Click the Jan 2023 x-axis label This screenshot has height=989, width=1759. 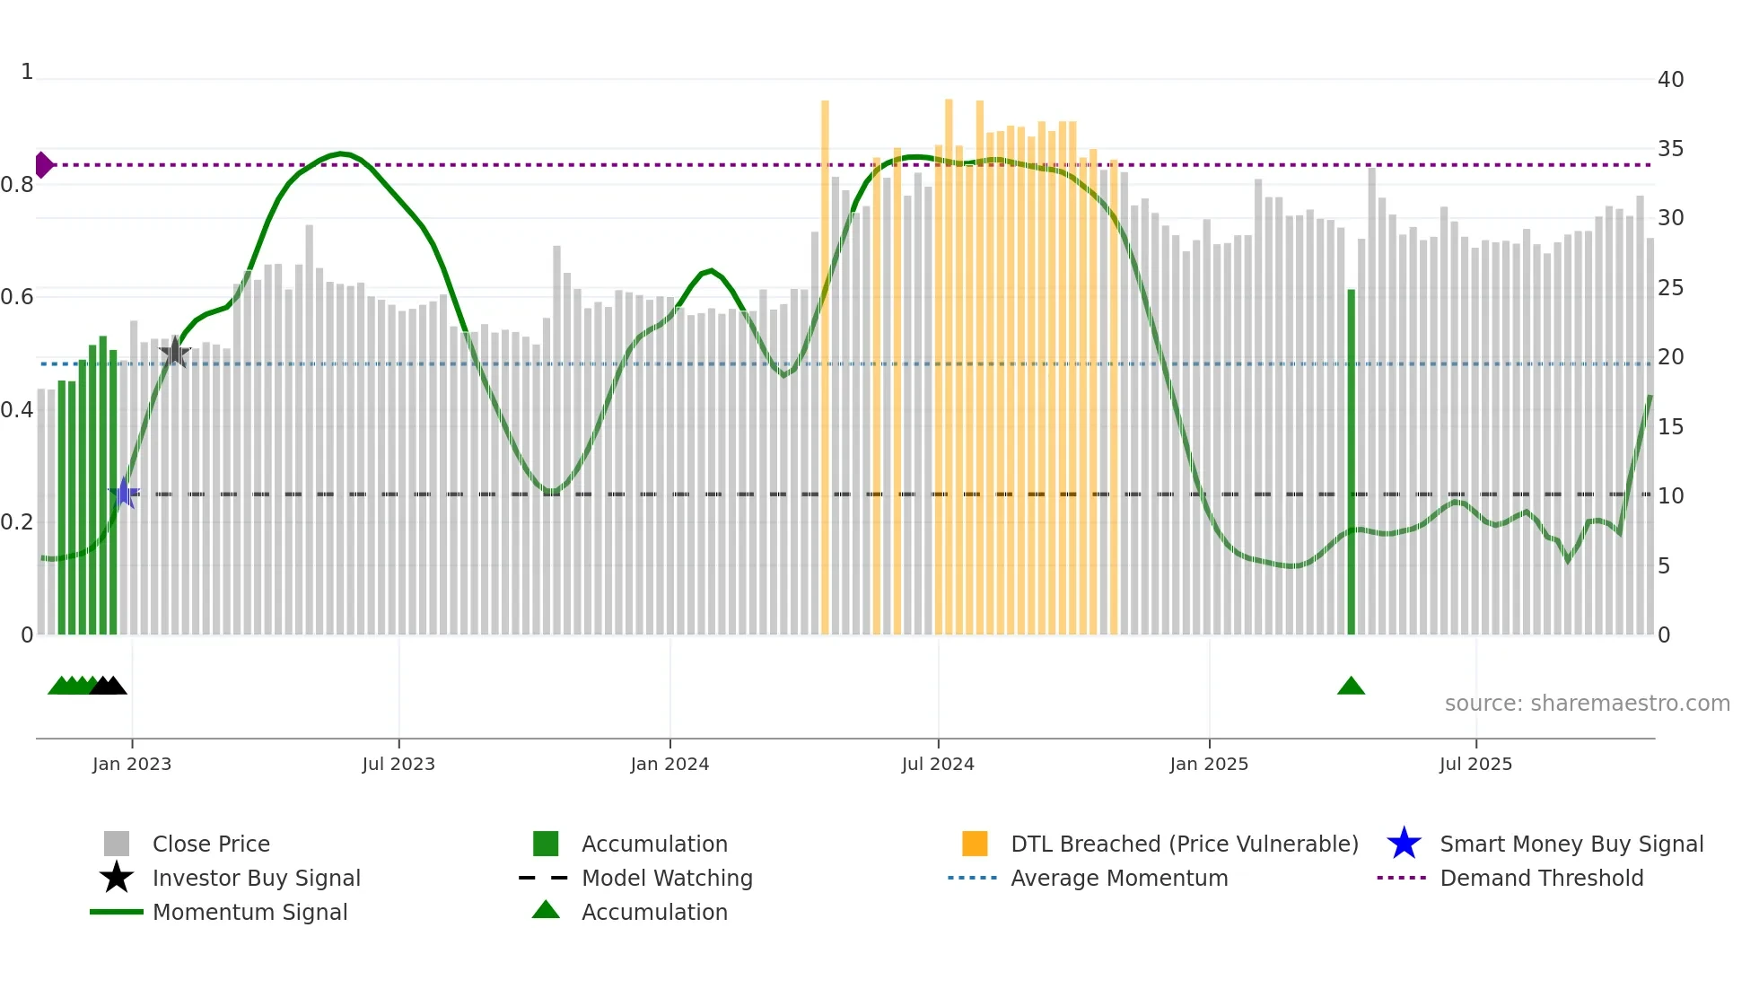(x=132, y=764)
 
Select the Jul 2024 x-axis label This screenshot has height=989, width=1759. (x=938, y=764)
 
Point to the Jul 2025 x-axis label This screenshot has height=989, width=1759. (x=1475, y=764)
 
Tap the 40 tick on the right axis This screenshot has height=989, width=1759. (x=1670, y=80)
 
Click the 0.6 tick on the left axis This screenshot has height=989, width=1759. (x=17, y=297)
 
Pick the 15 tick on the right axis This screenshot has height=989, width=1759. (x=1670, y=427)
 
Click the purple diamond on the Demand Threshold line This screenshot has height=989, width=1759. (x=43, y=165)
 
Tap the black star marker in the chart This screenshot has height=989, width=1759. (x=175, y=353)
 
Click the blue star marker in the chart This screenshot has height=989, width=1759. (x=124, y=493)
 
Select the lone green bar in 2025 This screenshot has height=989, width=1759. (x=1351, y=462)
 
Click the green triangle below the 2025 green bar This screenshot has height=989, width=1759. (x=1351, y=687)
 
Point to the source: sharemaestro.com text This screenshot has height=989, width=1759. (x=1587, y=704)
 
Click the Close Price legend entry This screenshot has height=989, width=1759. (x=211, y=845)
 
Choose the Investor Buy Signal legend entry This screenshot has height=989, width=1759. (x=256, y=879)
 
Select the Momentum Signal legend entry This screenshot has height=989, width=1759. (x=249, y=913)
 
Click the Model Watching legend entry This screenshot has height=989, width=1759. (x=667, y=879)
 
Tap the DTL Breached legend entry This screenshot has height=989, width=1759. (x=1184, y=845)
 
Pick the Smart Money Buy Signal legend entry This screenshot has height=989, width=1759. (x=1571, y=845)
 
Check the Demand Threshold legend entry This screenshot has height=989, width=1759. (x=1541, y=879)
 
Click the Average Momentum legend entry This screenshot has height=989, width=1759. (x=1118, y=879)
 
